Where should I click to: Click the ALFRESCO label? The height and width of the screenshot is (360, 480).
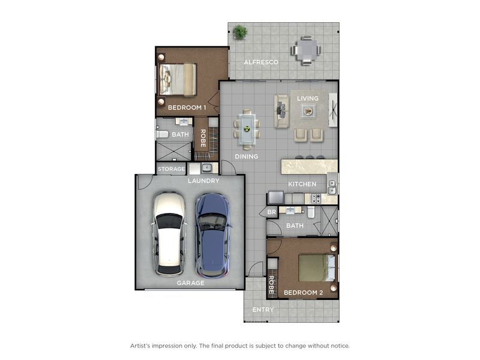pyautogui.click(x=261, y=62)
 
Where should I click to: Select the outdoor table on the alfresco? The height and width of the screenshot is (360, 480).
pyautogui.click(x=306, y=50)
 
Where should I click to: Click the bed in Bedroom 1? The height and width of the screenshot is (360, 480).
pyautogui.click(x=177, y=80)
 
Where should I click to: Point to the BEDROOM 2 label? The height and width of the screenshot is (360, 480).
pyautogui.click(x=304, y=293)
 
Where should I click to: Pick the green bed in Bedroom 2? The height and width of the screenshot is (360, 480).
pyautogui.click(x=317, y=268)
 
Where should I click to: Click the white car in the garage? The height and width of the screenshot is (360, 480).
pyautogui.click(x=169, y=233)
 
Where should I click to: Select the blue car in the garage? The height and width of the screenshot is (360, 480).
pyautogui.click(x=213, y=235)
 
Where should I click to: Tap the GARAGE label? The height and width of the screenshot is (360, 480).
pyautogui.click(x=190, y=283)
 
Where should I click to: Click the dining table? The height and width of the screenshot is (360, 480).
pyautogui.click(x=247, y=129)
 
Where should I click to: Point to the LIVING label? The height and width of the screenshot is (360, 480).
pyautogui.click(x=308, y=98)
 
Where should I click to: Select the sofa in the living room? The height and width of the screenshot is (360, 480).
pyautogui.click(x=281, y=111)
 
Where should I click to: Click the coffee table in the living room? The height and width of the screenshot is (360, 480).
pyautogui.click(x=308, y=110)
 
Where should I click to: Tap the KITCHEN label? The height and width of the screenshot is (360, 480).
pyautogui.click(x=302, y=184)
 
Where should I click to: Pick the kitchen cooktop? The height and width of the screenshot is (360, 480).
pyautogui.click(x=316, y=199)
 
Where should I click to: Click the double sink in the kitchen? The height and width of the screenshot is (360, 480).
pyautogui.click(x=332, y=187)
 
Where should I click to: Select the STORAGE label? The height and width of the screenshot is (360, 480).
pyautogui.click(x=172, y=169)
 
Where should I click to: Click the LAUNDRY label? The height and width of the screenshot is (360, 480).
pyautogui.click(x=203, y=181)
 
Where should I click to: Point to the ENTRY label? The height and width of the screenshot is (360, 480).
pyautogui.click(x=263, y=310)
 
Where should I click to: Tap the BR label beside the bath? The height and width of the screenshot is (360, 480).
pyautogui.click(x=272, y=212)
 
